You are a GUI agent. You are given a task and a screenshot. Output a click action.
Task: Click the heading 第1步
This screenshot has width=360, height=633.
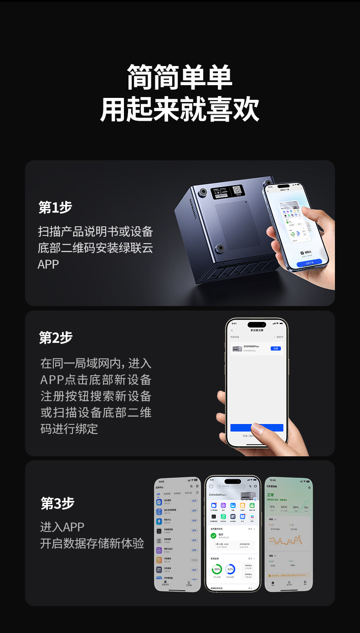56,208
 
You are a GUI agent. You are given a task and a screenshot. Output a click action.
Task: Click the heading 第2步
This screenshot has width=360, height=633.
56,338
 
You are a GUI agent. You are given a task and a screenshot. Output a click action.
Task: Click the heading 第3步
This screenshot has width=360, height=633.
57,503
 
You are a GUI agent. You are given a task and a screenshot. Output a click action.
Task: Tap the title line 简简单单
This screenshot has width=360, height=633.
180,77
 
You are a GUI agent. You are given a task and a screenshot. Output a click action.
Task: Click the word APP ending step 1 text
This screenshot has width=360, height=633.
48,265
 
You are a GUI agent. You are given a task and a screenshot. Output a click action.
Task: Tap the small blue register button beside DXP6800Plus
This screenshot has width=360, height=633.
275,348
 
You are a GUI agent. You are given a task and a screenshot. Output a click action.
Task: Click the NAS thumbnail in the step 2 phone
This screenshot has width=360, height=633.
237,349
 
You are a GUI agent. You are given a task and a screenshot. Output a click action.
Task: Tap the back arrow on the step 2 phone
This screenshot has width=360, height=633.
232,330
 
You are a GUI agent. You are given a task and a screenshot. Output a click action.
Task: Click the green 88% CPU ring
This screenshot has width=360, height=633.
217,569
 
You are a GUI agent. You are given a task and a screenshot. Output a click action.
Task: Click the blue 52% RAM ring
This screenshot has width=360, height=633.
230,569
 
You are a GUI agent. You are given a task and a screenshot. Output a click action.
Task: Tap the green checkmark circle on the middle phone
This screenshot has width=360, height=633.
213,536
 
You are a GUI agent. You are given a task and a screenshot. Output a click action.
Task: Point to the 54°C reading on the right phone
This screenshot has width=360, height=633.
284,507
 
